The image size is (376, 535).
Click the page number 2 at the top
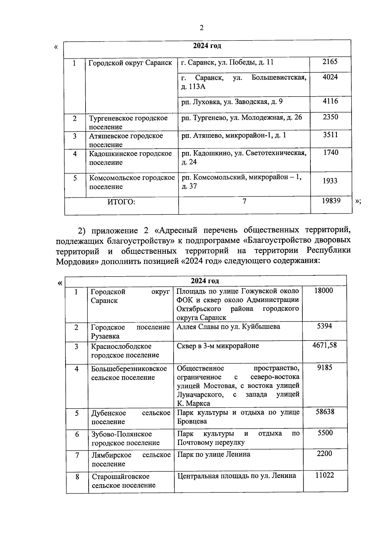coord(201,28)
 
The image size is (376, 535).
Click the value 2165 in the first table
coord(330,61)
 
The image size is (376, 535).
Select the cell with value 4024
coord(330,77)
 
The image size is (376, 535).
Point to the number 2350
coord(331,117)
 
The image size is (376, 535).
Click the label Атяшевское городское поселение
coord(126,140)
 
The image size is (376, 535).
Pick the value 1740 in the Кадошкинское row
coord(331,152)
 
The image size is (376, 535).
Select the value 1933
coord(330,181)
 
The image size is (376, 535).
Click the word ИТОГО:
coord(121,202)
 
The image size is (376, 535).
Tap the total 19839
coord(331,201)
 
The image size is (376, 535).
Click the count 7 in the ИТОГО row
coord(244,201)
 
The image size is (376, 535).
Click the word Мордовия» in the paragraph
coord(77,262)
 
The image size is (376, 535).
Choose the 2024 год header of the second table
coord(205,281)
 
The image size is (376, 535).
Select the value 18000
coord(324,290)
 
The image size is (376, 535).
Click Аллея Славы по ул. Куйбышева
coord(228,326)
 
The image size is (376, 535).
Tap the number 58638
coord(325,411)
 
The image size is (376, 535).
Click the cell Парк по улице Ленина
coord(214,454)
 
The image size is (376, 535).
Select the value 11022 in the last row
coord(325,475)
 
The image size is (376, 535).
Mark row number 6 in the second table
coord(77,434)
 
